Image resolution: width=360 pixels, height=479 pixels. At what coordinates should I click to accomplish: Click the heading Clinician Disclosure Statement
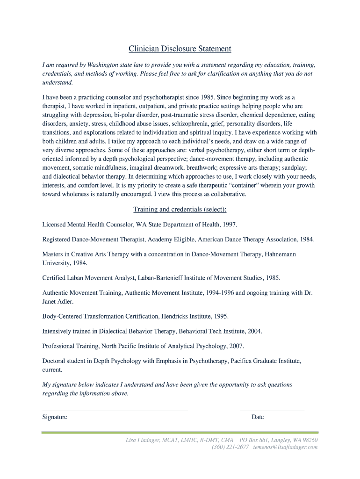pyautogui.click(x=180, y=49)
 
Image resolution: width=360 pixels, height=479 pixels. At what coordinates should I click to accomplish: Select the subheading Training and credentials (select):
pyautogui.click(x=180, y=209)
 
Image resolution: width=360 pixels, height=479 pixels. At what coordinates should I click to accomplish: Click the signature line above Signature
pyautogui.click(x=115, y=410)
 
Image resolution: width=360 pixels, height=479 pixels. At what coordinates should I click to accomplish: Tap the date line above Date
pyautogui.click(x=272, y=410)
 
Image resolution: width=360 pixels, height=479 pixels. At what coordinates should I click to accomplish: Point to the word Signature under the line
pyautogui.click(x=55, y=417)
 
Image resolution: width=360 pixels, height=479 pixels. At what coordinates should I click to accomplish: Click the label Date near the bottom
pyautogui.click(x=258, y=417)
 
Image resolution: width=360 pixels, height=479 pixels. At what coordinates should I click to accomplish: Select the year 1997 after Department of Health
pyautogui.click(x=230, y=225)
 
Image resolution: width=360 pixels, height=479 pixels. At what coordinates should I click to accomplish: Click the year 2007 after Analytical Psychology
pyautogui.click(x=236, y=346)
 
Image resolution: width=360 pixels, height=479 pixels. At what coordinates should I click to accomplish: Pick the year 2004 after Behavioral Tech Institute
pyautogui.click(x=254, y=331)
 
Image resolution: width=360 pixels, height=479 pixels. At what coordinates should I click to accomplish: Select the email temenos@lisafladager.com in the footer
pyautogui.click(x=285, y=447)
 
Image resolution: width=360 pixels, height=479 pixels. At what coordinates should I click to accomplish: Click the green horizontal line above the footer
pyautogui.click(x=180, y=432)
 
